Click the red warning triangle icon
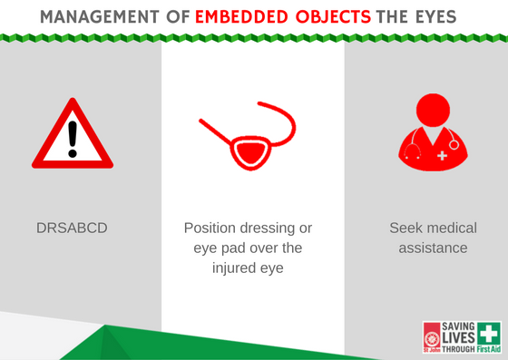coord(73,136)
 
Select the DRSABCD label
coord(72,228)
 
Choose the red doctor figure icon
coord(432,136)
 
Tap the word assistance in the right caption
coord(432,248)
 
